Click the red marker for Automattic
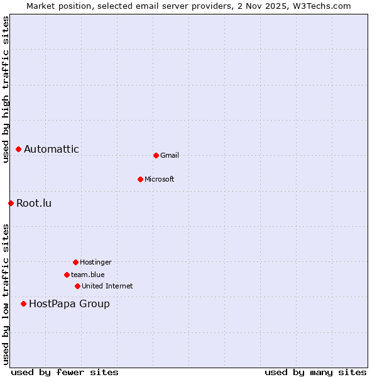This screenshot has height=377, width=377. (x=19, y=150)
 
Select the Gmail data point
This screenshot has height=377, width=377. (x=156, y=155)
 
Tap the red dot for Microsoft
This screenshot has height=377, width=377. (x=140, y=179)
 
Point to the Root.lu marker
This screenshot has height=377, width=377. (x=11, y=203)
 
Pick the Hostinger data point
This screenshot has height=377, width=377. (x=75, y=262)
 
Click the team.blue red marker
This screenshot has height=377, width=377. (x=67, y=275)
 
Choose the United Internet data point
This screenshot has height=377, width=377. (x=77, y=286)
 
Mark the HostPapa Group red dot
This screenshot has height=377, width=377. (x=23, y=304)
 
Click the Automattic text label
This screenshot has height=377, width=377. (x=52, y=150)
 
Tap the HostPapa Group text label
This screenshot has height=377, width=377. (x=69, y=304)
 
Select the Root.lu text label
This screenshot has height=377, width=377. (x=34, y=203)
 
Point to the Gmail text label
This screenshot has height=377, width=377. (x=170, y=155)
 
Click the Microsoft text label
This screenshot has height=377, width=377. (x=160, y=179)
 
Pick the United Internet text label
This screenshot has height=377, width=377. (x=107, y=286)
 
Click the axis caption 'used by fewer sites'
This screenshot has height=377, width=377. (x=65, y=372)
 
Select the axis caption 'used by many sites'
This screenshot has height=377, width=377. (x=315, y=372)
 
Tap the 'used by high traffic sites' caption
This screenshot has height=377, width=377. (x=6, y=89)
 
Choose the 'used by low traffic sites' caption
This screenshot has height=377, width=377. (x=6, y=293)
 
